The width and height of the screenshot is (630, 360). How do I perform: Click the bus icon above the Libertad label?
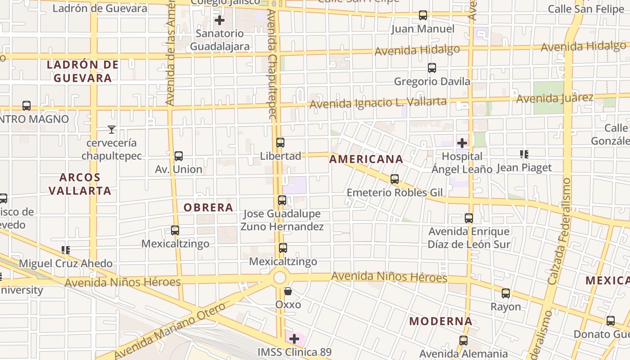point(280,143)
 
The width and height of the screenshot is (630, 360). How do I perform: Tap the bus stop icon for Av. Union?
point(179,156)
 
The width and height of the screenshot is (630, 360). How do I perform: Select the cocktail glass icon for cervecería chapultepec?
point(112,130)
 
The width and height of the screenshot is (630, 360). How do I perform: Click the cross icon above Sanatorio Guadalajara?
point(220,20)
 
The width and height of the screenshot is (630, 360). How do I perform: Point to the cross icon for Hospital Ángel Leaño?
point(462,143)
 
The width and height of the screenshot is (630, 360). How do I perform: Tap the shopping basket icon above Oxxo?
point(288,291)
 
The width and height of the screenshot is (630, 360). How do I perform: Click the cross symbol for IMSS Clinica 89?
point(294,338)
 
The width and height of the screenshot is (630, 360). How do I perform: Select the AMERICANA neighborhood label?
point(366,159)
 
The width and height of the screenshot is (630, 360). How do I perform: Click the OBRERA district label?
point(208,207)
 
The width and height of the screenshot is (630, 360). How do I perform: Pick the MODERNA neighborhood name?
point(441,321)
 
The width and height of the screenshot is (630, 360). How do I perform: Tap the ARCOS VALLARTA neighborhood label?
point(80,184)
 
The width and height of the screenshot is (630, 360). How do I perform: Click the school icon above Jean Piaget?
point(524,154)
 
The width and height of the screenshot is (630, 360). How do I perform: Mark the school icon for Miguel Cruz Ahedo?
point(66,250)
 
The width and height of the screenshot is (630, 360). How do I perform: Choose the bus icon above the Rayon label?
point(506,293)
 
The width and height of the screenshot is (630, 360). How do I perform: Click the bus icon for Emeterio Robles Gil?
point(395,179)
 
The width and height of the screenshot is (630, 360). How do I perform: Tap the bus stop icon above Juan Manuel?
point(423,15)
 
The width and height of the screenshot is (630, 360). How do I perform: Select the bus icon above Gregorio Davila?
point(432,68)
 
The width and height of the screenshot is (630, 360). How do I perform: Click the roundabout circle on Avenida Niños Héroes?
point(280,277)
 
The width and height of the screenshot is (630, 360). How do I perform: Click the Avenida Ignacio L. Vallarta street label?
point(378,103)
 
